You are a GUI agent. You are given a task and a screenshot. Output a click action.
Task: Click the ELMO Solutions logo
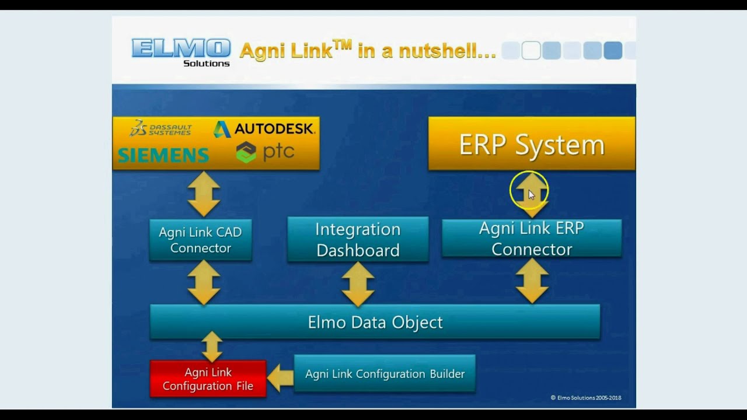[x=181, y=51]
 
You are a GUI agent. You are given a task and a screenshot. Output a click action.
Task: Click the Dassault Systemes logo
[x=160, y=128]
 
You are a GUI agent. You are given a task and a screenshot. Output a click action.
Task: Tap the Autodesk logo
[x=264, y=129]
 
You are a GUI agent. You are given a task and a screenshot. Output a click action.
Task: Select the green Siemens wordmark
[x=163, y=155]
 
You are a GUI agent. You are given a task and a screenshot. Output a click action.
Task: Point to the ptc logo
[x=265, y=152]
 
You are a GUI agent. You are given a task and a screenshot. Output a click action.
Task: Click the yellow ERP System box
[x=531, y=144]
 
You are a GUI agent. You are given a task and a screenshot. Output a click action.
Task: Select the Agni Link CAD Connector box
[x=200, y=240]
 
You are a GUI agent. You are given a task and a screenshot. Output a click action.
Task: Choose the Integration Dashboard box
[x=358, y=239]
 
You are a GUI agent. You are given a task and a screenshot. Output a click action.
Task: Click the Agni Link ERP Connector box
[x=531, y=238]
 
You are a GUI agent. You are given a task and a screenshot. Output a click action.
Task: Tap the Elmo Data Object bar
[x=375, y=322]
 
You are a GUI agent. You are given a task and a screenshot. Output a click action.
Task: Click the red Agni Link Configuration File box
[x=208, y=379]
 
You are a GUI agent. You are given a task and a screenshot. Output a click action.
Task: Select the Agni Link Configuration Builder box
[x=385, y=374]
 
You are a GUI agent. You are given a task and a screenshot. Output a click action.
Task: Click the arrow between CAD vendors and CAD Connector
[x=204, y=194]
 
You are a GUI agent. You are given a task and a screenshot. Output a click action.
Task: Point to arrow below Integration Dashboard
[x=358, y=283]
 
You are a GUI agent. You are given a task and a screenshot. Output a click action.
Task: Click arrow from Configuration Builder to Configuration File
[x=280, y=377]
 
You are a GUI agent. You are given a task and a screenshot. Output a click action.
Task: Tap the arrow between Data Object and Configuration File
[x=211, y=346]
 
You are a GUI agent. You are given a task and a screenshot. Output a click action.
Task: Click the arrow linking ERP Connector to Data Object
[x=532, y=281]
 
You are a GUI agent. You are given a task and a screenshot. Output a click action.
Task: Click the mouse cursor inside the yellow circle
[x=531, y=195]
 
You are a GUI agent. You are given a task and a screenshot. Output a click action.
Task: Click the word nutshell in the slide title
[x=446, y=51]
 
